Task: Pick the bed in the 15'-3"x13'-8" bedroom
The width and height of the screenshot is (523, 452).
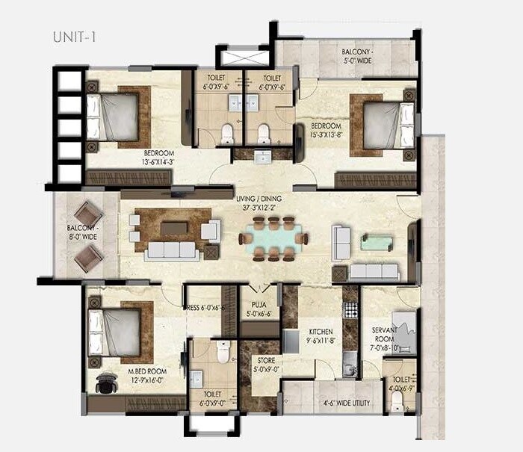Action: [x=385, y=124]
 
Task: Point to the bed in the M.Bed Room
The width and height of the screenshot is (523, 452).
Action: [x=117, y=332]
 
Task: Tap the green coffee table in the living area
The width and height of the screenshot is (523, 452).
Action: [x=376, y=242]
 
